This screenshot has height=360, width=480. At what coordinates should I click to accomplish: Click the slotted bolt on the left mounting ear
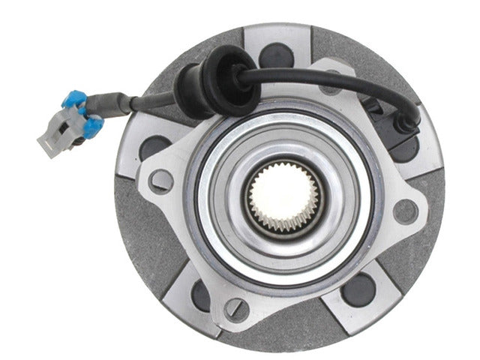(x=159, y=180)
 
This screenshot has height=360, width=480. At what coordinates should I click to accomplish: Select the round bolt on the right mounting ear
(x=405, y=211)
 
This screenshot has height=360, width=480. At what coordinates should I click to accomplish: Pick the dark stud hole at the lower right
(x=358, y=289)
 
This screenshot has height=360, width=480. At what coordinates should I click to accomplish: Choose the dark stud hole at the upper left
(x=154, y=146)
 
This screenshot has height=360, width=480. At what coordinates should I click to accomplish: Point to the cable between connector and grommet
(x=150, y=100)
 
